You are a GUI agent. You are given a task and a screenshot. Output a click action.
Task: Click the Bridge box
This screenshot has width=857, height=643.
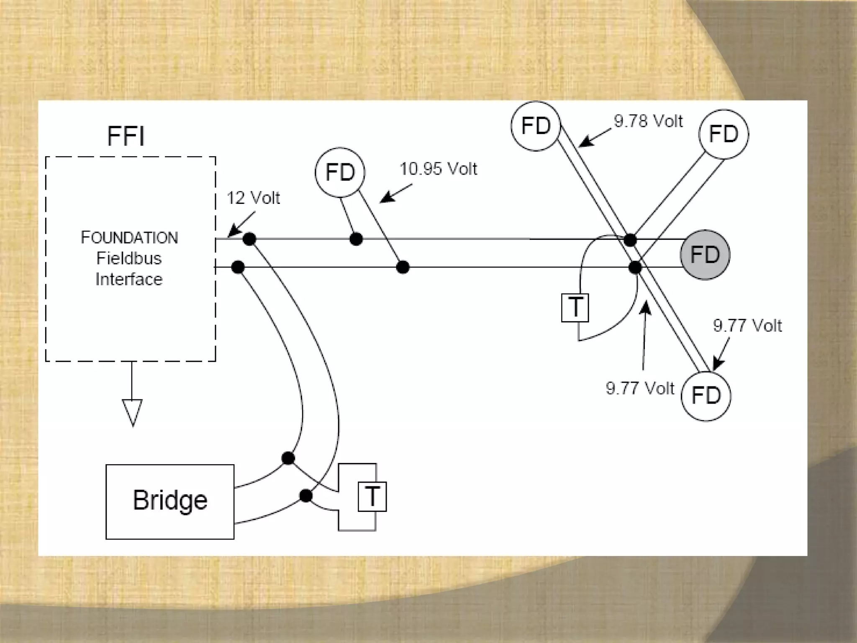(170, 502)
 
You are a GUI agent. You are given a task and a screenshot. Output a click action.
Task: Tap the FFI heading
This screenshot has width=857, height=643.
(126, 136)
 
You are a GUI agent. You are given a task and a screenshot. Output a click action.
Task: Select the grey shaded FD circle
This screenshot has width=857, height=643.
(705, 255)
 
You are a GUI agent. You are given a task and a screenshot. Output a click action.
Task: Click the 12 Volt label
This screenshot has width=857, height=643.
(253, 198)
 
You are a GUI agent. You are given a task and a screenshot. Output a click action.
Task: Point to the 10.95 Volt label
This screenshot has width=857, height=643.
(438, 169)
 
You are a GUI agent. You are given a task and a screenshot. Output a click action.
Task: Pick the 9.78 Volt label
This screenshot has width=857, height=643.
(648, 121)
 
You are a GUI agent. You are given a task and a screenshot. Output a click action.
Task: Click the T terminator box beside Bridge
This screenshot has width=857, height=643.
(372, 496)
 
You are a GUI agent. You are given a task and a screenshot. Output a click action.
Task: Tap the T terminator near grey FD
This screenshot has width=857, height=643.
(575, 308)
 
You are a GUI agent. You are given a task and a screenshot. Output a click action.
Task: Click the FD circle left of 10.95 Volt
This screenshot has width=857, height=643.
(340, 172)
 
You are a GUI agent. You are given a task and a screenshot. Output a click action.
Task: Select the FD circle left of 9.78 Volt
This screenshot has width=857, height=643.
(536, 126)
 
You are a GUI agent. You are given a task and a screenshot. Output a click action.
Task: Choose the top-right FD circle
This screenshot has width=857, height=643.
(724, 134)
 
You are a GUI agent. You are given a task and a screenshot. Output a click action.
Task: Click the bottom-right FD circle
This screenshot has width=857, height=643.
(706, 396)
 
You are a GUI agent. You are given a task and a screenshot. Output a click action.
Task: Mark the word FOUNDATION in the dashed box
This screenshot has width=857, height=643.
(129, 238)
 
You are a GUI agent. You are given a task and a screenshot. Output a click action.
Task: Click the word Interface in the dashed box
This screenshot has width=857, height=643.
(129, 279)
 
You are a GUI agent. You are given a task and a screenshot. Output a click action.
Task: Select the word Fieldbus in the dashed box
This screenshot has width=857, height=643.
(129, 258)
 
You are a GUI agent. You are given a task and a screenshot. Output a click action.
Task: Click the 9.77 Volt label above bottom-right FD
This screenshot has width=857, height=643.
(747, 326)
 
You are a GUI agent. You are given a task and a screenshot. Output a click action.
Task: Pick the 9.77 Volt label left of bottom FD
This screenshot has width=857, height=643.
(640, 388)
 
